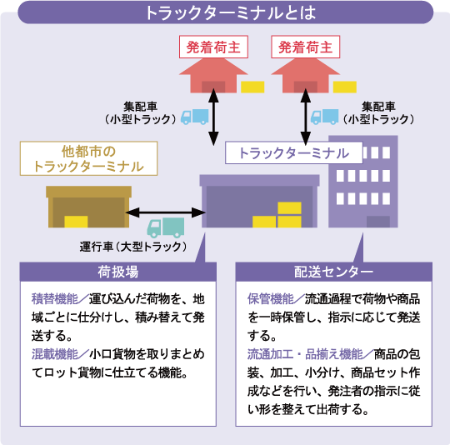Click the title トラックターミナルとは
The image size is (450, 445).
point(231,12)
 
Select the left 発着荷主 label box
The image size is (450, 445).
point(213,47)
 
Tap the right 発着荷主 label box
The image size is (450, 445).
point(306,47)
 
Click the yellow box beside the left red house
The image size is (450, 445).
point(252,87)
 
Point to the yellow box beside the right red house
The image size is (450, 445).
point(345,87)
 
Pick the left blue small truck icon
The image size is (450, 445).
point(194,117)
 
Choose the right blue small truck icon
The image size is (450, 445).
point(325,117)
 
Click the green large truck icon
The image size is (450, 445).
point(166,227)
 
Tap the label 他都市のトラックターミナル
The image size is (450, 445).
point(88,158)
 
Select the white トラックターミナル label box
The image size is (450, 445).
point(294,153)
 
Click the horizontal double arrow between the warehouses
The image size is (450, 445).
point(165,212)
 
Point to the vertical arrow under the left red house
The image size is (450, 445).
point(213,117)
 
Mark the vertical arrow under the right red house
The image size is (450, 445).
point(306,117)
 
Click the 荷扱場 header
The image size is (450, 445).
point(118,272)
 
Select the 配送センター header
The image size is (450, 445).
point(334,272)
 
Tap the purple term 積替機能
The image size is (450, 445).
point(54,299)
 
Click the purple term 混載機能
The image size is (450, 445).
point(54,354)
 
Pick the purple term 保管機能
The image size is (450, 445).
point(271,299)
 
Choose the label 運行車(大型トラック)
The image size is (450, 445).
point(133,247)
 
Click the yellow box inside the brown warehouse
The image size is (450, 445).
point(76,222)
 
